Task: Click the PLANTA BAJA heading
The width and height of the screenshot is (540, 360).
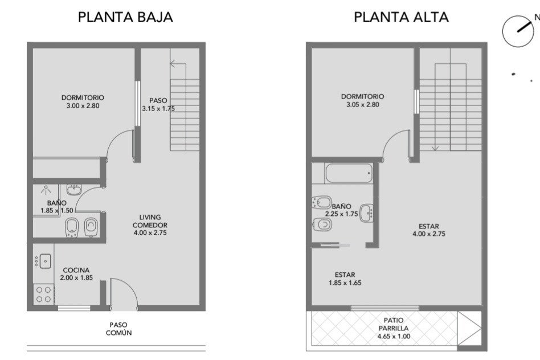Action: coord(125,17)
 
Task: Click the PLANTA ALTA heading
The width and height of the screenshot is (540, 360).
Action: coord(401,17)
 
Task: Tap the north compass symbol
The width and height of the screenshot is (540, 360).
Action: coord(518,31)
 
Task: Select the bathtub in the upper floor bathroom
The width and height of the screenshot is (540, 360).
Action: coord(349,173)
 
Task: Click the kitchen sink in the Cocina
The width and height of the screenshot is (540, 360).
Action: coord(44,261)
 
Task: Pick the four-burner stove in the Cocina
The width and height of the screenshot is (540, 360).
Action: coord(44,294)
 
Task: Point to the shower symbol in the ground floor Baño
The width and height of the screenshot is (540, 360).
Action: coord(46,190)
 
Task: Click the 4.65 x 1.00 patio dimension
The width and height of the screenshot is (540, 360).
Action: coord(394,337)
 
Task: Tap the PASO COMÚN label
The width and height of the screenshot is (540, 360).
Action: coord(118,329)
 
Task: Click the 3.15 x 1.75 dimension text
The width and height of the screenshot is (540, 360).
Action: coord(158,109)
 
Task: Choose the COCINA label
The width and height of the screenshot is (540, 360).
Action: coord(76,270)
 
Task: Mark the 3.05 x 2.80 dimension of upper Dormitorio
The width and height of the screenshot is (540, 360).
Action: coord(363,104)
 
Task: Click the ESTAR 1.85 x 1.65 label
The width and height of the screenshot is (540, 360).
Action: coord(345,279)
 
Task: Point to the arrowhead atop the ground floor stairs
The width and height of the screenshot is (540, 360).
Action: coord(172,63)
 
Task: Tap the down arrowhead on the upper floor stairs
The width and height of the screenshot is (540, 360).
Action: coord(435,148)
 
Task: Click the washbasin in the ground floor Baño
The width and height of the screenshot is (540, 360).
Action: coord(73,190)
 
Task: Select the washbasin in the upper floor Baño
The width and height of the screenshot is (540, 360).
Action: coord(366,213)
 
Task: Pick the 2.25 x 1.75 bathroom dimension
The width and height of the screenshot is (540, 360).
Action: coord(341,214)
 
